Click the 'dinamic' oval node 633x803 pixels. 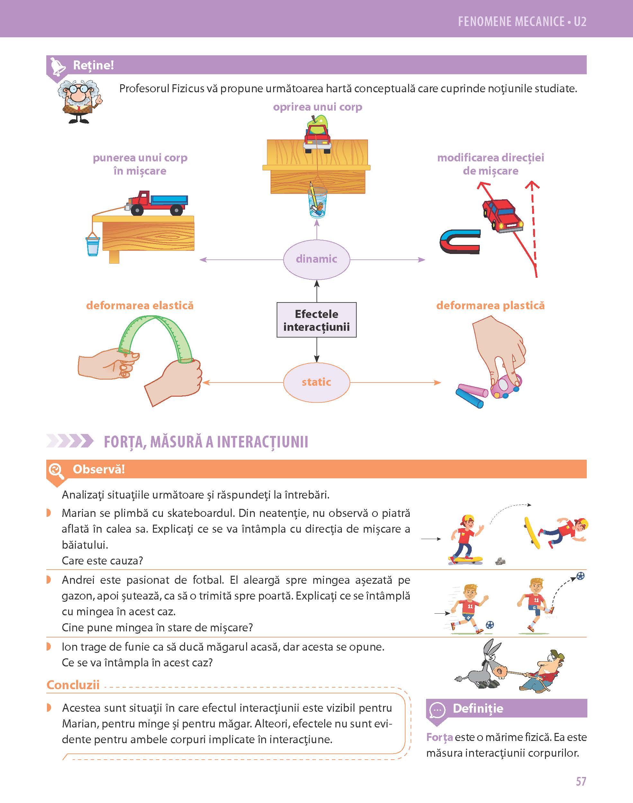(316, 258)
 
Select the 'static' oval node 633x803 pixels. (316, 382)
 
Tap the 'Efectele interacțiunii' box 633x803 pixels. (316, 320)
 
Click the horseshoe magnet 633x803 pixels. (459, 241)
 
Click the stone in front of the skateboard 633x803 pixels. (500, 561)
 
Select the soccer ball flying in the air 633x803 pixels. (580, 576)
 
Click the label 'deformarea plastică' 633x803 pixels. (490, 305)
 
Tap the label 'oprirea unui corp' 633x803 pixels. (317, 107)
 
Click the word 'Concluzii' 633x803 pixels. (73, 685)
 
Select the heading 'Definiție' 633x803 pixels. (478, 708)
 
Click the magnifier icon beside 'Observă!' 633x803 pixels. (56, 470)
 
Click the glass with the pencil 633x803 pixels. (317, 204)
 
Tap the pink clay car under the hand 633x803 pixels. (506, 387)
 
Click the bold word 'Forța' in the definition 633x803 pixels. (439, 737)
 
